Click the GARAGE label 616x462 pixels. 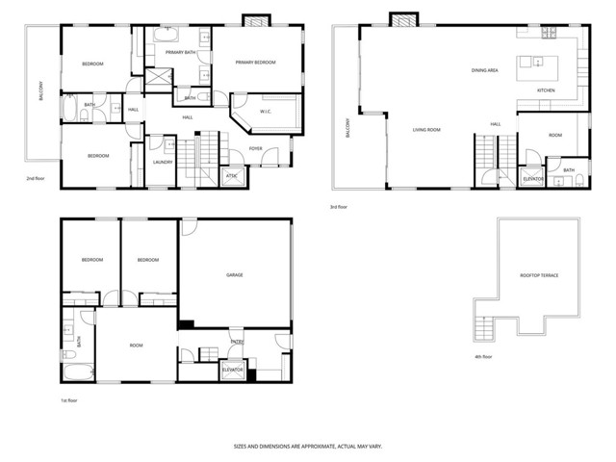(x=234, y=275)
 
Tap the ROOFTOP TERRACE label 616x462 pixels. (x=539, y=275)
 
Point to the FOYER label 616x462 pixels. (x=256, y=148)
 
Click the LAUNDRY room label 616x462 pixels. (x=163, y=162)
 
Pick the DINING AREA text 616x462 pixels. (x=484, y=70)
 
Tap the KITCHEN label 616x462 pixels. (x=546, y=90)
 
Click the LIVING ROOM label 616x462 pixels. (x=426, y=128)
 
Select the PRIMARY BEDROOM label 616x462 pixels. (x=256, y=63)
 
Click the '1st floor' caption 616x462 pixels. (x=70, y=399)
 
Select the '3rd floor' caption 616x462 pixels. (x=339, y=206)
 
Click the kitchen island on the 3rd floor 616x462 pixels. (x=531, y=67)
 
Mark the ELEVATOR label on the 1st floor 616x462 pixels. (x=232, y=370)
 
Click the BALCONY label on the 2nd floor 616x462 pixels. (x=40, y=92)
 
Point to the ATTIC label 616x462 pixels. (x=230, y=175)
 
